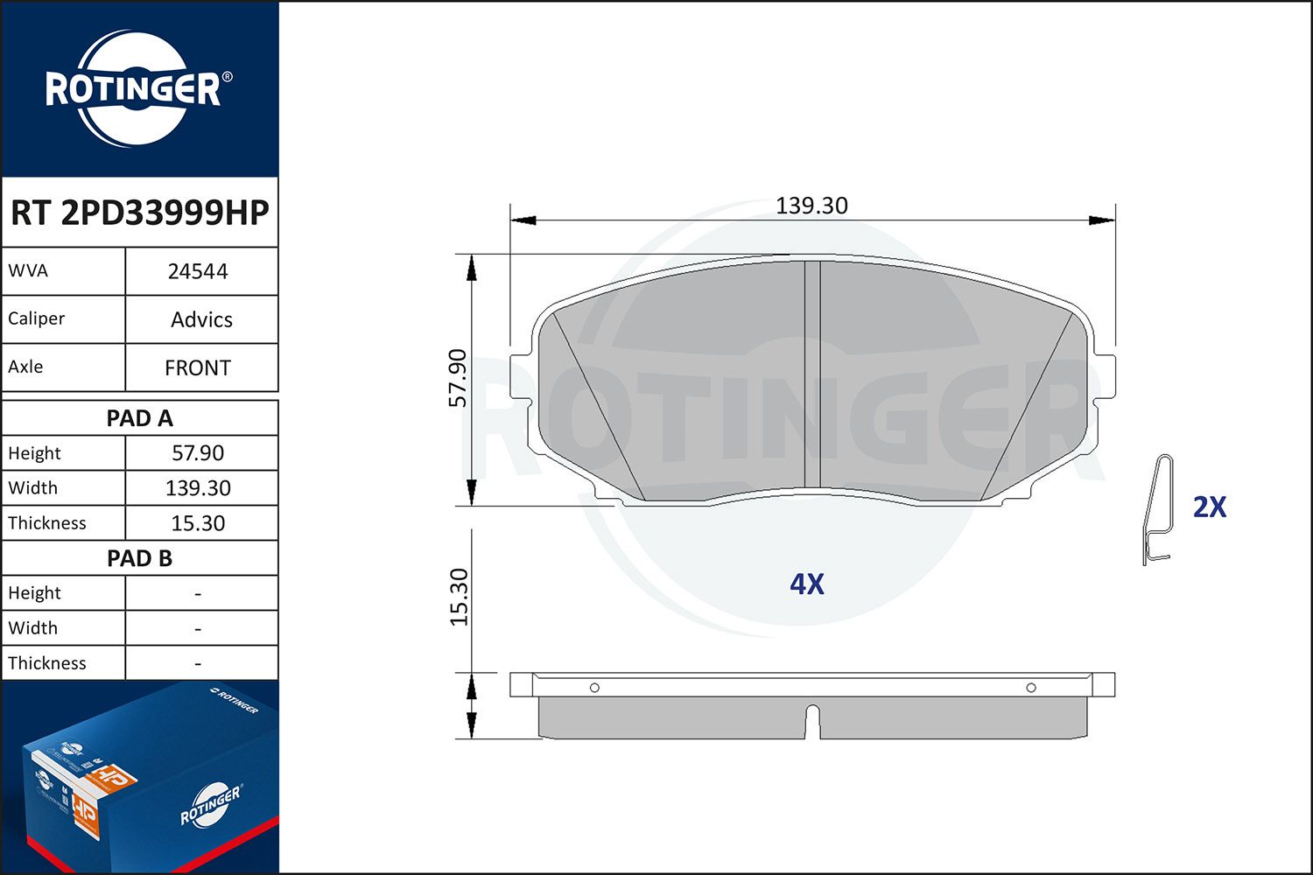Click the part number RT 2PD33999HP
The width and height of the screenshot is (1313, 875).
(x=139, y=212)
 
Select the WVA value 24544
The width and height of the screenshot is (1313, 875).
(x=198, y=271)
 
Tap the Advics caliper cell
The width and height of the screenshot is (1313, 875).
(x=201, y=319)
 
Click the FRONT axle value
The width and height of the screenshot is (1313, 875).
(x=198, y=367)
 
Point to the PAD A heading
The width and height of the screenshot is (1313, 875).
(x=139, y=418)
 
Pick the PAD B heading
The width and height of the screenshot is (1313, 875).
(x=139, y=558)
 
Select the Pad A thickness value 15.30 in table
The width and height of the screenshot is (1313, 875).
(x=198, y=522)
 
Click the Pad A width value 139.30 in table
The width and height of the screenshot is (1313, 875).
(x=198, y=487)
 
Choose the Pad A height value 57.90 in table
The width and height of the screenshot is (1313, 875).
(x=198, y=453)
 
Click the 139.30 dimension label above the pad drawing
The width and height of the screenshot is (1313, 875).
(x=811, y=206)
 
